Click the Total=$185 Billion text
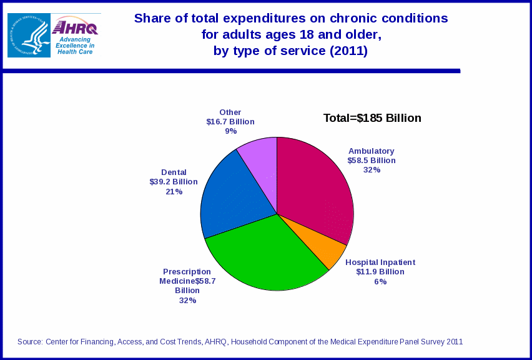click(x=372, y=118)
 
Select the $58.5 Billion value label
click(x=372, y=160)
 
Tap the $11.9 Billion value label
click(x=380, y=272)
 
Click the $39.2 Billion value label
click(x=174, y=182)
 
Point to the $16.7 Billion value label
click(x=230, y=122)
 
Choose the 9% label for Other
click(x=230, y=131)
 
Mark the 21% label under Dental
click(x=174, y=192)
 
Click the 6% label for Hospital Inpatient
click(x=380, y=282)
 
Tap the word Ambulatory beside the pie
click(x=372, y=151)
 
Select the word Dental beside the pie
click(x=174, y=172)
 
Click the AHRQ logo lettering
click(x=76, y=27)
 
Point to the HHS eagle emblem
click(x=29, y=36)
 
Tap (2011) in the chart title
click(x=348, y=51)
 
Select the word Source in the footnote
click(x=29, y=342)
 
